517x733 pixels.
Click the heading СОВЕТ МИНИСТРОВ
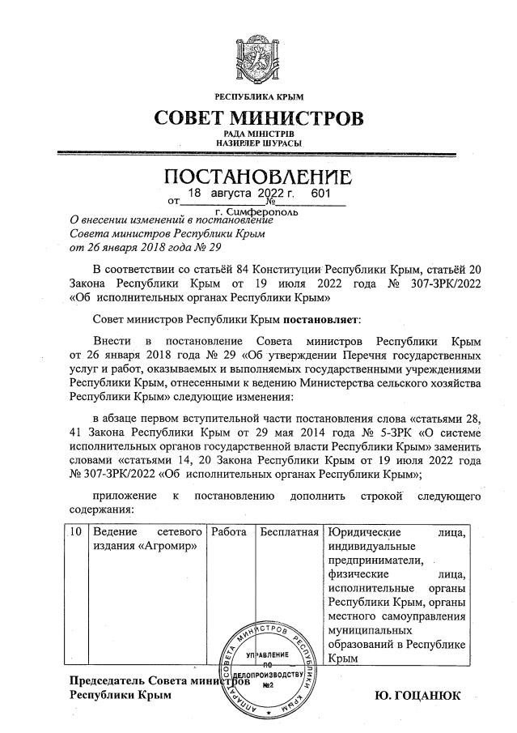[259, 118]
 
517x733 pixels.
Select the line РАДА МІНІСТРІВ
[259, 133]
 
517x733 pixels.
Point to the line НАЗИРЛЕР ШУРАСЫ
[259, 143]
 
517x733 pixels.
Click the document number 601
[320, 194]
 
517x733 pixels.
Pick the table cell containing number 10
[75, 532]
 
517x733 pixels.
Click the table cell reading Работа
[229, 532]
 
